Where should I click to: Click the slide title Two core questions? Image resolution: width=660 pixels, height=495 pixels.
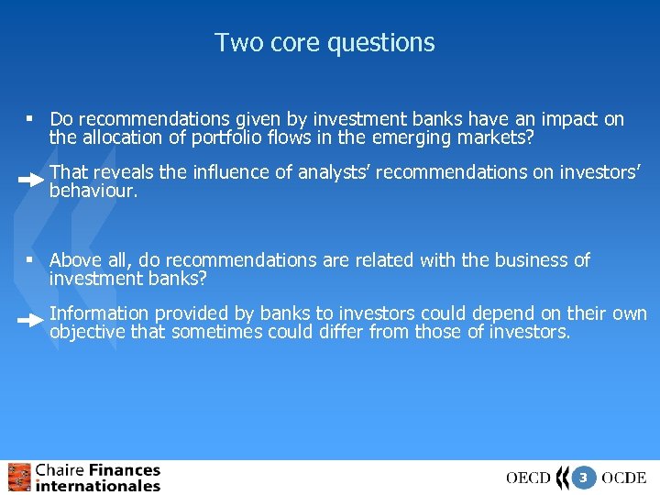click(324, 43)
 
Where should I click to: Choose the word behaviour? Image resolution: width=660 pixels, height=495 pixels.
click(92, 191)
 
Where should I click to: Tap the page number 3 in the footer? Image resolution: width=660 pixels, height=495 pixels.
click(582, 478)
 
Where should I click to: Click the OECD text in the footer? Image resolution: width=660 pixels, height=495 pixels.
click(528, 478)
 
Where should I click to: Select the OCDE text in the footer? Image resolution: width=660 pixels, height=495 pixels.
click(624, 478)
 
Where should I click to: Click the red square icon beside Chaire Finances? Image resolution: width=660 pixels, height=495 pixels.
click(19, 478)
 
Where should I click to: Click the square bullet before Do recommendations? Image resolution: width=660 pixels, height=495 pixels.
click(30, 119)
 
